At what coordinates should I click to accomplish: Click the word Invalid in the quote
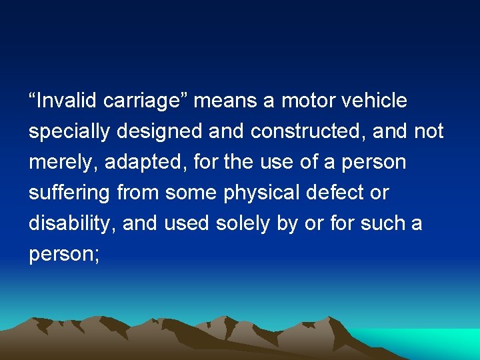[x=67, y=101]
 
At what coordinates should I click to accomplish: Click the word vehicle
[x=374, y=101]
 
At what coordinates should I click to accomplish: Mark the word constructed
[x=307, y=132]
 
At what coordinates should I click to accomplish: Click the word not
[x=428, y=132]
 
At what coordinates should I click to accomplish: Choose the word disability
[x=72, y=224]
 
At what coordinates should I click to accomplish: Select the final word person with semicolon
[x=64, y=255]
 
